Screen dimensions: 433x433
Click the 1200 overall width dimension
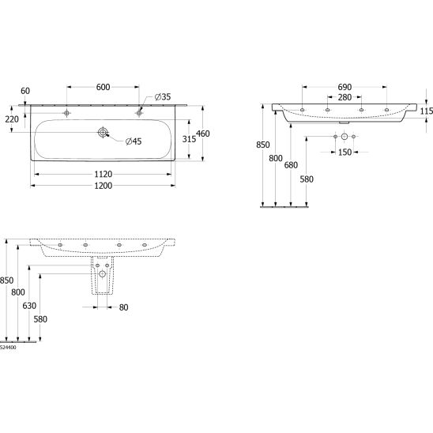point(104,186)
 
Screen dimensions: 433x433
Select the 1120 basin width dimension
point(104,175)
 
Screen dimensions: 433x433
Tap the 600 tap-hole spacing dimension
point(103,87)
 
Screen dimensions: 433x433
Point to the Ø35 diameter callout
point(163,97)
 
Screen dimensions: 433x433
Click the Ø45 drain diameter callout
point(134,141)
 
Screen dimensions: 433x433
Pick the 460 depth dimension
point(203,134)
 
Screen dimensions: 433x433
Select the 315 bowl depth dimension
point(189,139)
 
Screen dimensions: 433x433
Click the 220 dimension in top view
point(12,119)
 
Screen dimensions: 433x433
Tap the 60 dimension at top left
point(25,91)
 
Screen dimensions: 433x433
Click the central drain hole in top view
point(103,132)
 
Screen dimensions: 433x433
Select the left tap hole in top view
point(66,113)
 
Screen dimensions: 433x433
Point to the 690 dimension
point(345,87)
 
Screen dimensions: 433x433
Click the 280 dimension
point(345,97)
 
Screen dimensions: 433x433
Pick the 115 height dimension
point(427,111)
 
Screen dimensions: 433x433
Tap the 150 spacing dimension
point(345,152)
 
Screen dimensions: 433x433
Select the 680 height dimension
point(291,165)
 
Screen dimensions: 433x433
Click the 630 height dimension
point(29,306)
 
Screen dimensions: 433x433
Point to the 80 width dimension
point(123,307)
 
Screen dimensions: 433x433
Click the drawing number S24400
point(8,348)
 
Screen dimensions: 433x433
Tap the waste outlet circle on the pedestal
point(103,274)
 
